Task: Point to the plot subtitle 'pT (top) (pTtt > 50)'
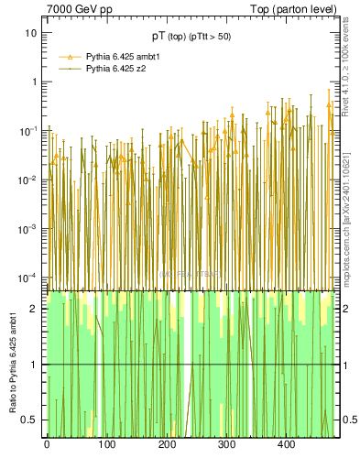pos(191,37)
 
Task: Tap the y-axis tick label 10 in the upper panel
pos(31,33)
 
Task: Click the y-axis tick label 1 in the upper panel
pos(34,82)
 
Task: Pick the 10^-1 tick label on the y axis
pos(28,130)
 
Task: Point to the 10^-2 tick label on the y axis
pos(28,180)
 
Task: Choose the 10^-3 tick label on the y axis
pos(28,228)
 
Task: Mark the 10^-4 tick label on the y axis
pos(28,277)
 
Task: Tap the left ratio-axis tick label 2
pos(34,309)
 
